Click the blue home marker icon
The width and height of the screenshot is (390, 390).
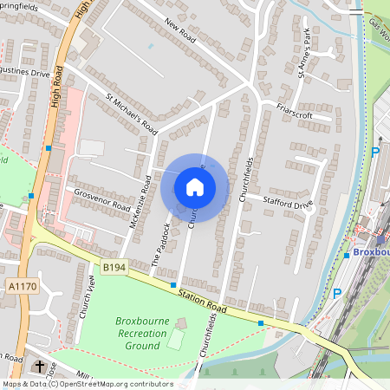tap(195, 186)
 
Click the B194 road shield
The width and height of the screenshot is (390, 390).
tap(113, 269)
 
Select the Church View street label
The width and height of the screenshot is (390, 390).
tap(87, 296)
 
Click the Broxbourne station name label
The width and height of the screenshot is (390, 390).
tap(371, 252)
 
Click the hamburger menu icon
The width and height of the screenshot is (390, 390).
tap(355, 11)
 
